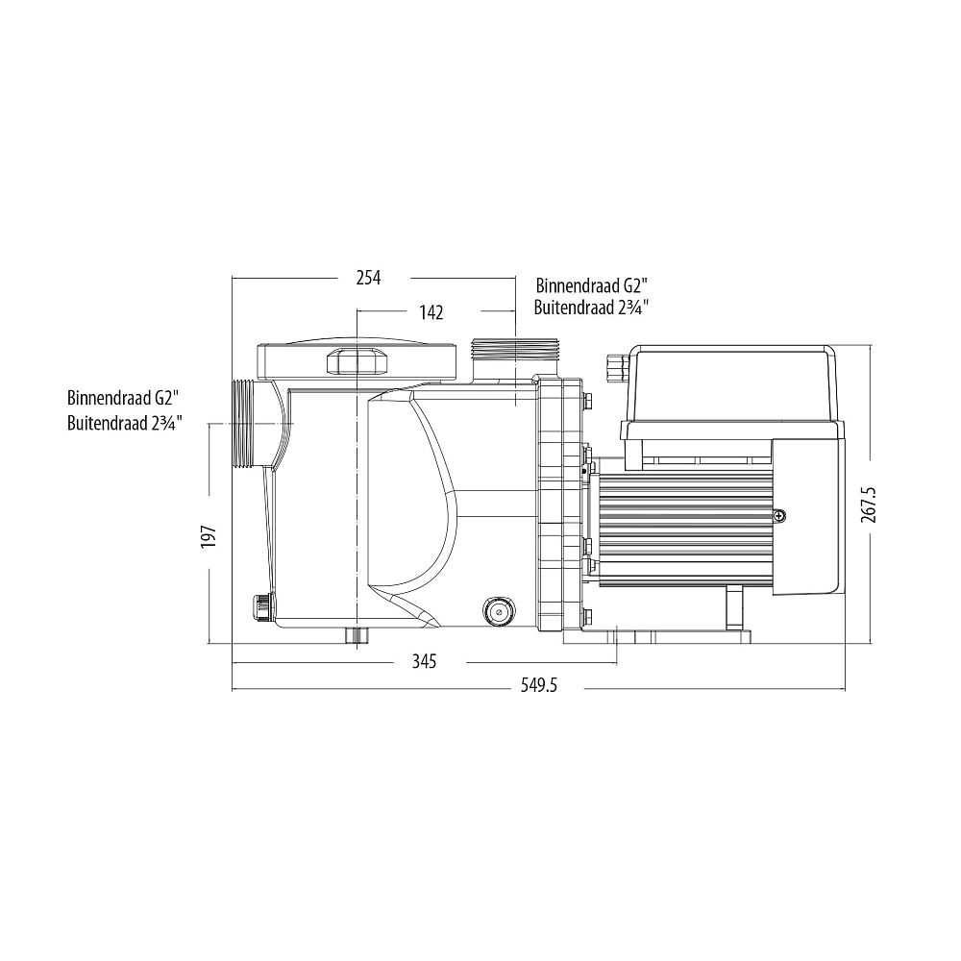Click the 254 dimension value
click(x=368, y=279)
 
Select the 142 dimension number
click(x=431, y=312)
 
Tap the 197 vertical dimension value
click(x=209, y=536)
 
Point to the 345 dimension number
click(x=424, y=662)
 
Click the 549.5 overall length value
click(x=539, y=685)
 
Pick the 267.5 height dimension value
click(x=869, y=505)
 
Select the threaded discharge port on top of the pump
click(x=514, y=350)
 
